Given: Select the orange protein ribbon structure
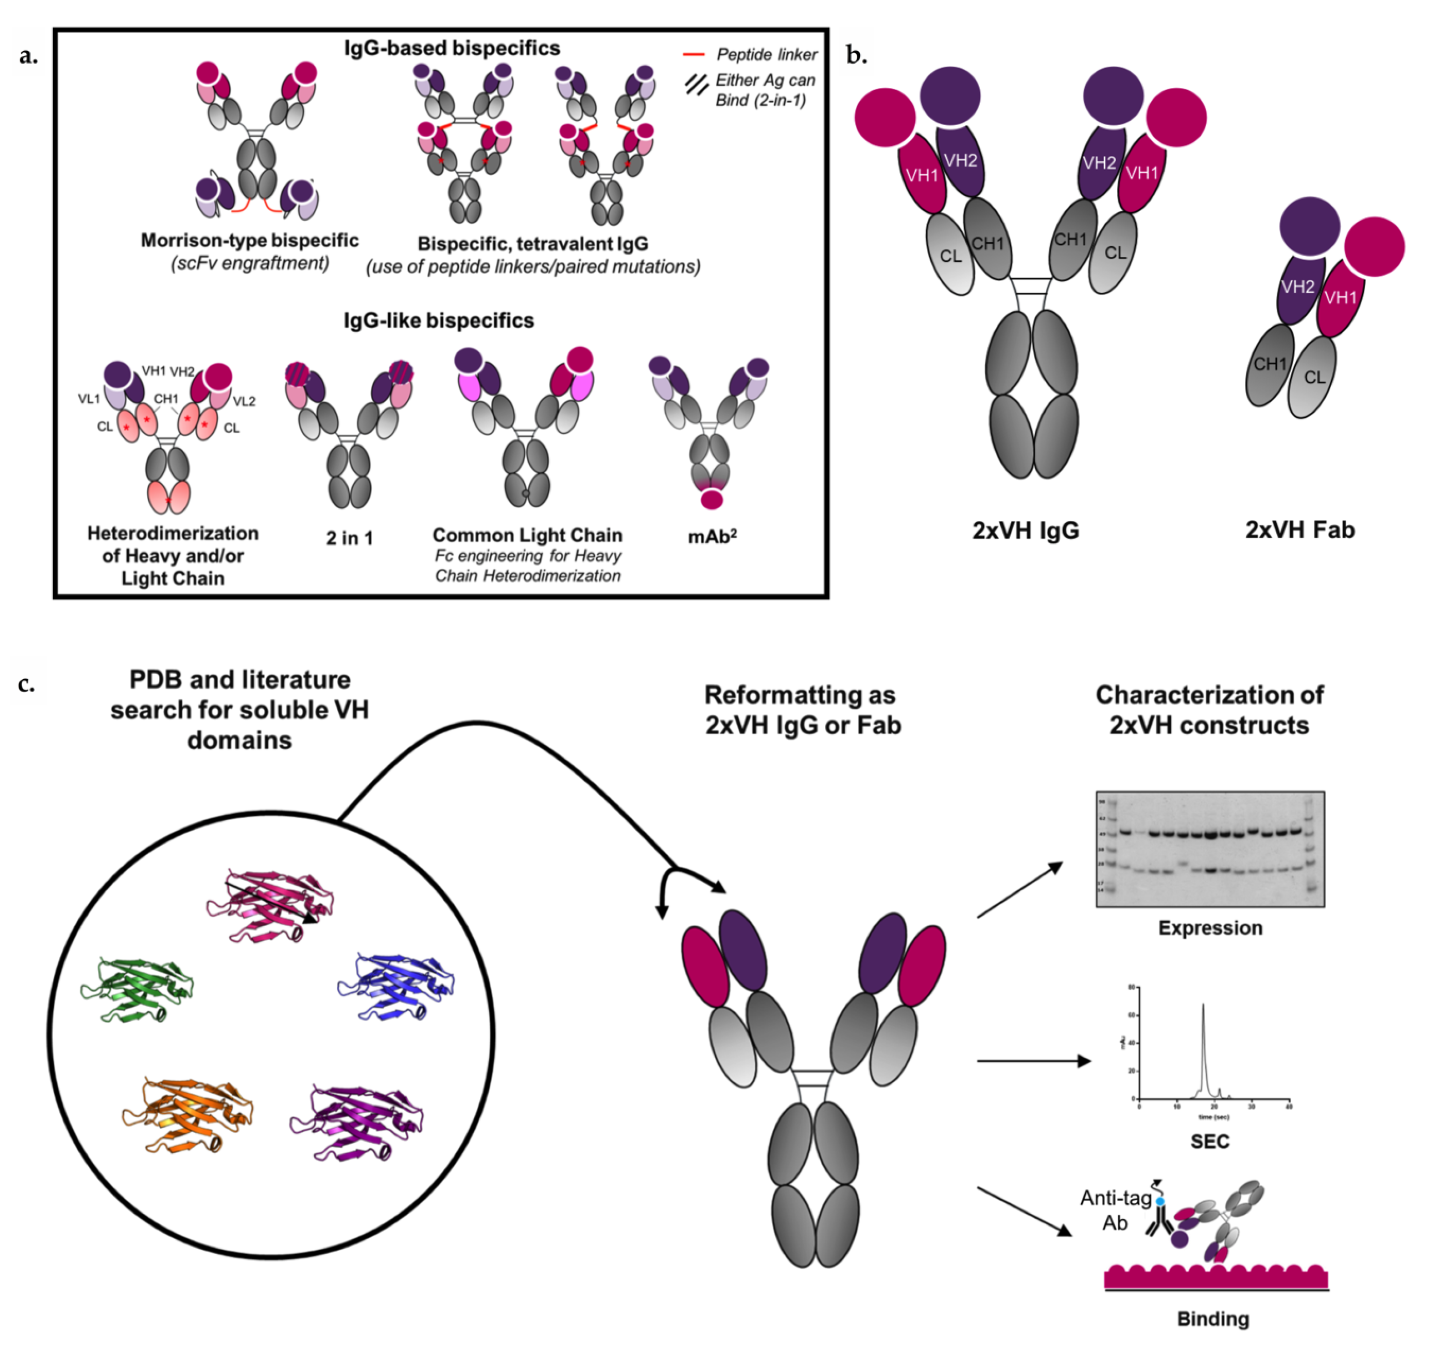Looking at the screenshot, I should (x=187, y=1114).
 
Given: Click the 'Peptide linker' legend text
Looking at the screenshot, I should (x=766, y=54).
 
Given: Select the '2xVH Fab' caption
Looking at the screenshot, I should (x=1300, y=530).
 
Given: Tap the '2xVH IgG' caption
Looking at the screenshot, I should (x=1026, y=530).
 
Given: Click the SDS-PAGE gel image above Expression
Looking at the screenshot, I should (x=1209, y=849).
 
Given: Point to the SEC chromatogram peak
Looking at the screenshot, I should (x=1204, y=1045).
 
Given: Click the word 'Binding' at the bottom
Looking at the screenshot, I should (x=1213, y=1318).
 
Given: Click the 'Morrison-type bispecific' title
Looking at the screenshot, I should (x=249, y=240).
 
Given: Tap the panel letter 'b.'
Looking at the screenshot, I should (x=857, y=55).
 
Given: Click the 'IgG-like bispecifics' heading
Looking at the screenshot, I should (x=439, y=321).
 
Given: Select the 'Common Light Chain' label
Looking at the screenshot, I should (x=527, y=536).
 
